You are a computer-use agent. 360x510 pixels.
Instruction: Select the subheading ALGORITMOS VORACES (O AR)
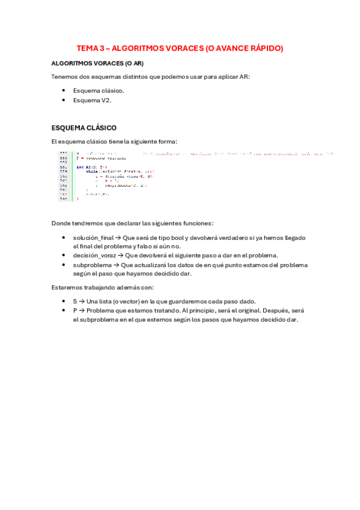[x=97, y=63]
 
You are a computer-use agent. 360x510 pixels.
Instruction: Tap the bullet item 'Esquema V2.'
[x=92, y=100]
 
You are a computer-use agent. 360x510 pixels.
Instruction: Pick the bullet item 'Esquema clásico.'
[x=99, y=90]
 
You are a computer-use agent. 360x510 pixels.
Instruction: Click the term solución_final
[x=93, y=238]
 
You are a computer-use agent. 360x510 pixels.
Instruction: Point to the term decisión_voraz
[x=94, y=256]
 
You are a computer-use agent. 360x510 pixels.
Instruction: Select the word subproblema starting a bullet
[x=93, y=265]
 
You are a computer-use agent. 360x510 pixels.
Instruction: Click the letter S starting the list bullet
[x=75, y=301]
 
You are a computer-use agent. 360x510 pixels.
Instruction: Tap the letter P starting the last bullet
[x=75, y=310]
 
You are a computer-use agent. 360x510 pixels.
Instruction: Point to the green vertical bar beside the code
[x=72, y=176]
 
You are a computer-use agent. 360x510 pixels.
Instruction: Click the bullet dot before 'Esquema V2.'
[x=63, y=100]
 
